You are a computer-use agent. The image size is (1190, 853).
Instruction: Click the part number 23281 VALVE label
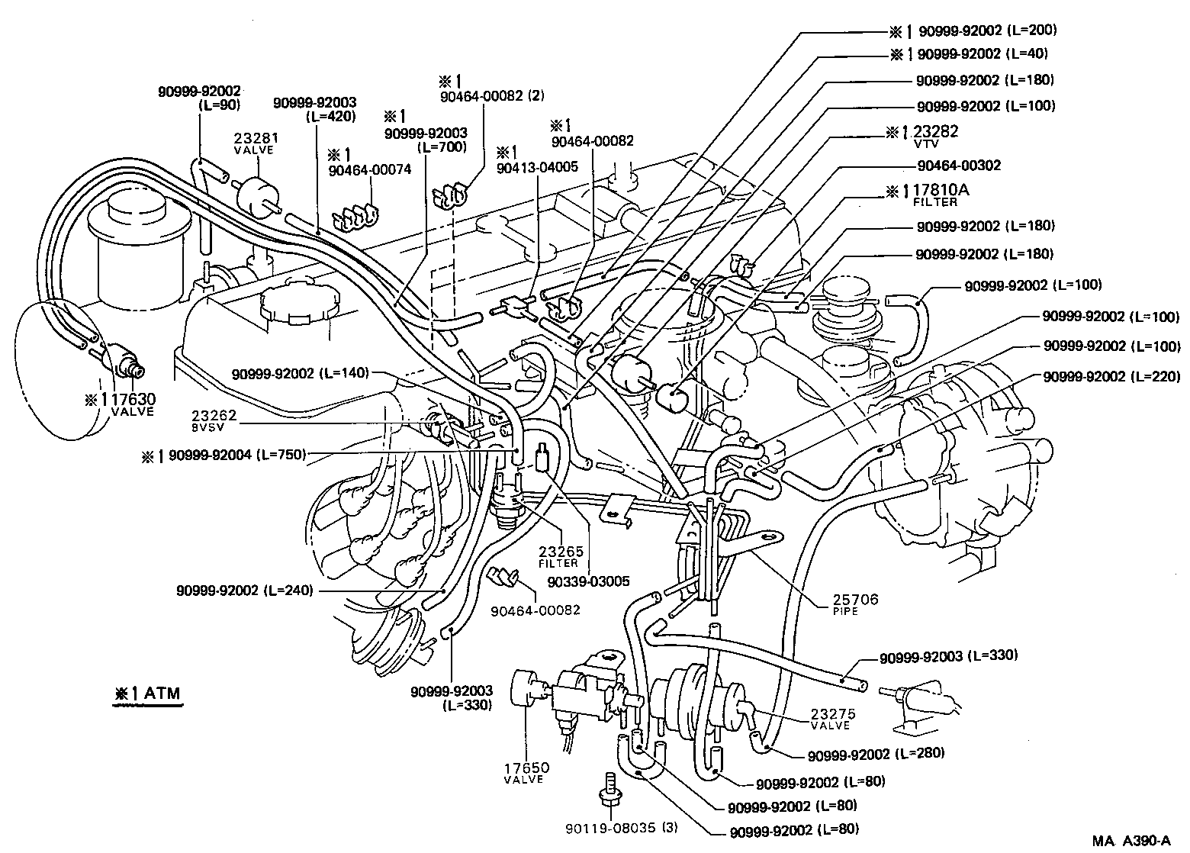256,143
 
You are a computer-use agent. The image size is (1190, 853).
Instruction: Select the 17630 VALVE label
124,404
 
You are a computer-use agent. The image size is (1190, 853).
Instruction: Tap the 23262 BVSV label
214,421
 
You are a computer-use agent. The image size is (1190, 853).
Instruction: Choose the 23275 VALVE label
833,719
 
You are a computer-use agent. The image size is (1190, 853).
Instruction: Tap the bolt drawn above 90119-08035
608,790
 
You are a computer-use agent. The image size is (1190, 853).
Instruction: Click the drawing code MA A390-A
1131,841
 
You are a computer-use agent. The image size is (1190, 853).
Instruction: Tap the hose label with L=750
224,455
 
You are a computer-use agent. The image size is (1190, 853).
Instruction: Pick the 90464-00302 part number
958,166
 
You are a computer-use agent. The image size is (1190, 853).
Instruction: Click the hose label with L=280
876,754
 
